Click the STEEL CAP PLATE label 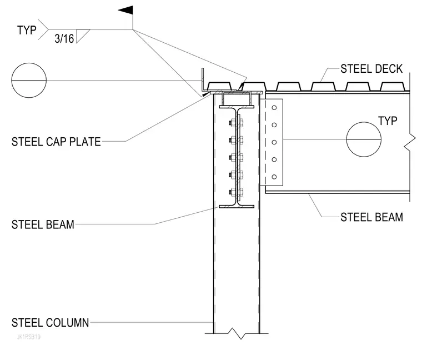(x=56, y=142)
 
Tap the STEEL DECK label (x=371, y=69)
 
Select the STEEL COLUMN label (x=50, y=323)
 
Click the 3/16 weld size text (x=64, y=39)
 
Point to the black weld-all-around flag (x=125, y=10)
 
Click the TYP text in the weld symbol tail (x=27, y=30)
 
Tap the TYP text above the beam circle (x=388, y=121)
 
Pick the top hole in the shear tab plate (x=274, y=108)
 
